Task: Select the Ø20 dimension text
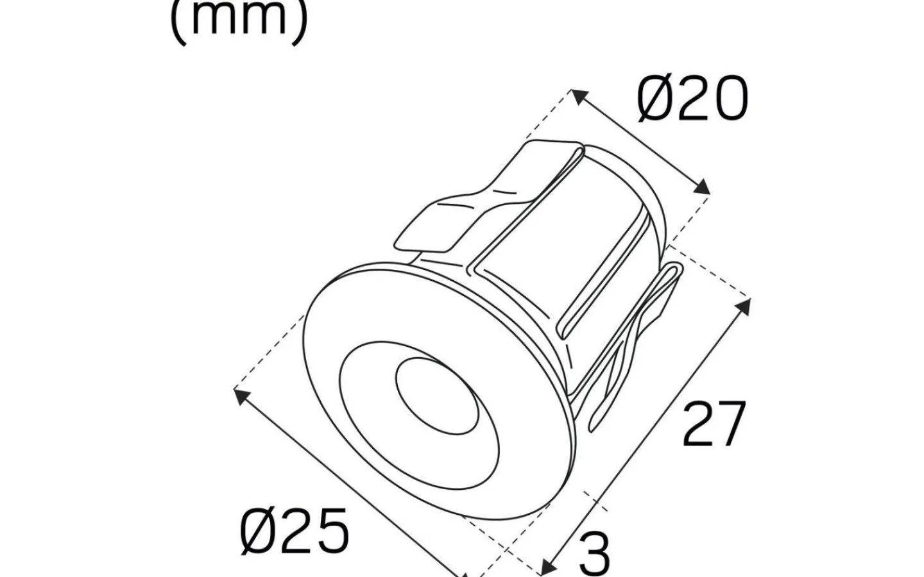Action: click(x=692, y=99)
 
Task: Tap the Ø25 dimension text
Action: click(x=295, y=530)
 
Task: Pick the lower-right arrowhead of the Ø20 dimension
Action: click(x=703, y=187)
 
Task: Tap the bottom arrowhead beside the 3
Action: click(x=547, y=565)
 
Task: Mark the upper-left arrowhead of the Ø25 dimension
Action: click(x=241, y=396)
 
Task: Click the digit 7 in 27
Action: click(x=730, y=424)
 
